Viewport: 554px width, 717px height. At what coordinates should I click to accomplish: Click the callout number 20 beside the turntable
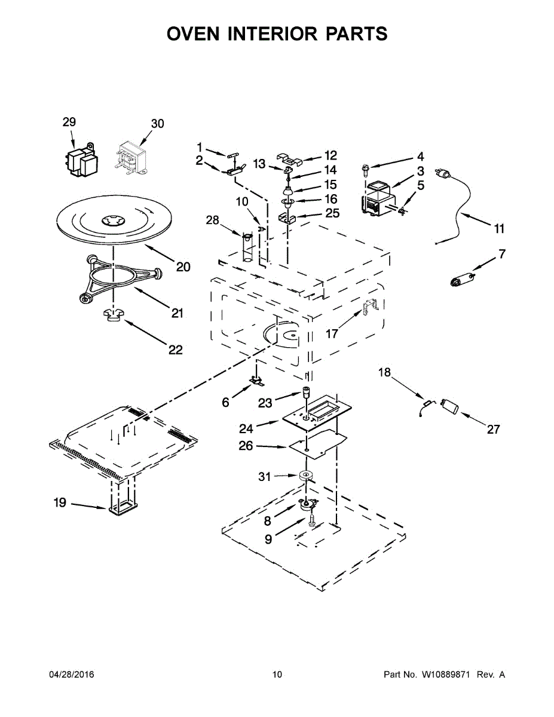coord(183,266)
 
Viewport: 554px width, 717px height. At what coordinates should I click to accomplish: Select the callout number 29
coord(69,122)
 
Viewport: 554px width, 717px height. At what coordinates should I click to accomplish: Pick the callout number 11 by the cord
coord(499,228)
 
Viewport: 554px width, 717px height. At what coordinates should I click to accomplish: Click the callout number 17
coord(332,333)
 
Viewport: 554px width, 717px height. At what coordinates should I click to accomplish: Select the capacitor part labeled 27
coord(450,407)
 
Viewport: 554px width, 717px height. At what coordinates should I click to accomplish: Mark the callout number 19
coord(60,503)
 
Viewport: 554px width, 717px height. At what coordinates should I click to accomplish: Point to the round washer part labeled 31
coord(307,476)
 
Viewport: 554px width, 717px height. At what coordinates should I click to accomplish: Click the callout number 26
coord(246,446)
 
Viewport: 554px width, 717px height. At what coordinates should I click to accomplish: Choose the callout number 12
coord(330,155)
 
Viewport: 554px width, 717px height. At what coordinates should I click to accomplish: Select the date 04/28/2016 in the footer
coord(71,675)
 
